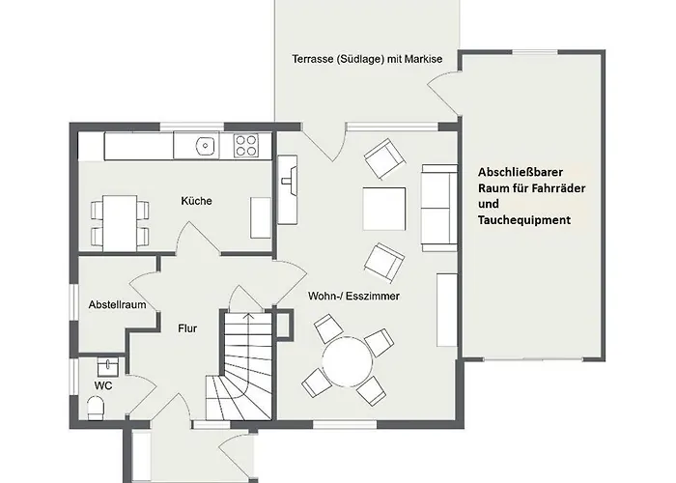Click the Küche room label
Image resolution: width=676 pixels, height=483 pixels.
click(x=196, y=201)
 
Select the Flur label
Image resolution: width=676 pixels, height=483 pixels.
click(x=187, y=328)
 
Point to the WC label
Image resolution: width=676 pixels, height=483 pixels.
click(x=103, y=384)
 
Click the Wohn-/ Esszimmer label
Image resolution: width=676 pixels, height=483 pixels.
click(x=353, y=296)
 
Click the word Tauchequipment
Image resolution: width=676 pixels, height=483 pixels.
click(x=523, y=220)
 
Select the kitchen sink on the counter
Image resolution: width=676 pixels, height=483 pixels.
click(x=204, y=146)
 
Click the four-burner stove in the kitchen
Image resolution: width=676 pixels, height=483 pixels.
click(x=246, y=146)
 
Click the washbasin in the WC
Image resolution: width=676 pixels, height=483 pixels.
click(x=107, y=366)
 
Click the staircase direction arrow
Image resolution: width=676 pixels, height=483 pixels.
click(x=246, y=319)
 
